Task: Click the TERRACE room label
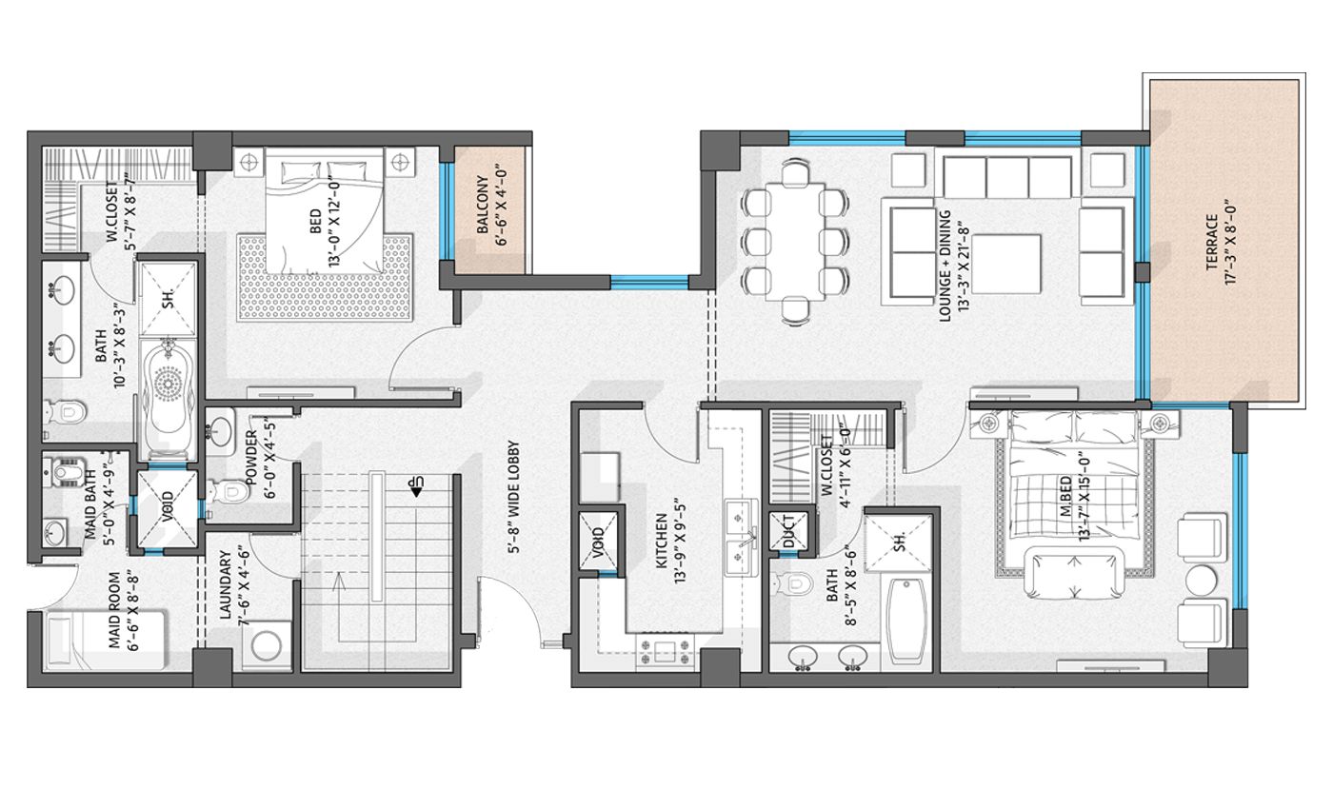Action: (1211, 243)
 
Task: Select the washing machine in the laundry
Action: (267, 646)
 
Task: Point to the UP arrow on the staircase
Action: (414, 486)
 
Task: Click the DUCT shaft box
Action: (789, 531)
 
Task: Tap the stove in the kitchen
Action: (666, 653)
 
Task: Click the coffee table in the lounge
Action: (1007, 265)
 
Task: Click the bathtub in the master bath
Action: (907, 621)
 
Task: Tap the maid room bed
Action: (105, 641)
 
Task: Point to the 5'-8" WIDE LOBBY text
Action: (514, 497)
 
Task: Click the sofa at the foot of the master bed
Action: (1075, 572)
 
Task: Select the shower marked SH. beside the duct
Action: (899, 541)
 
